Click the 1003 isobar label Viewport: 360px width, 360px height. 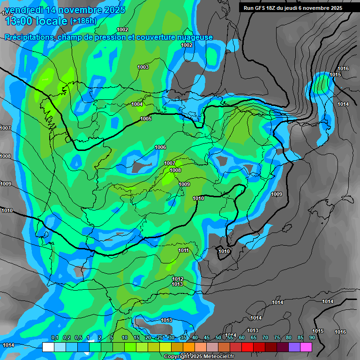pyautogui.click(x=143, y=67)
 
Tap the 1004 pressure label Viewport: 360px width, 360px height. pyautogui.click(x=137, y=104)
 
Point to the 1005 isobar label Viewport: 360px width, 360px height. pyautogui.click(x=146, y=119)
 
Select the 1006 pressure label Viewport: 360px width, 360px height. pyautogui.click(x=160, y=147)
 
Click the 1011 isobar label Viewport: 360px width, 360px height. pyautogui.click(x=184, y=250)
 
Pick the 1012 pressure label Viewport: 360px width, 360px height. pyautogui.click(x=178, y=279)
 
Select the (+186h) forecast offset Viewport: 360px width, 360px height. pyautogui.click(x=83, y=21)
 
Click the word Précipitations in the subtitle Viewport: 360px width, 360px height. pyautogui.click(x=29, y=37)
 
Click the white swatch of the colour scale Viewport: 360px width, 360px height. pyautogui.click(x=48, y=347)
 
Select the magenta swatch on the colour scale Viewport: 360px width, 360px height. pyautogui.click(x=306, y=347)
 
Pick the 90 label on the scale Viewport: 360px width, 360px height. pyautogui.click(x=312, y=337)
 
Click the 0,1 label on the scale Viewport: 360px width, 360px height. pyautogui.click(x=54, y=337)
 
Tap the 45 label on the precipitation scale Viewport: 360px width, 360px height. pyautogui.click(x=207, y=337)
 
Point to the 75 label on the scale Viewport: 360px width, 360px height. pyautogui.click(x=277, y=337)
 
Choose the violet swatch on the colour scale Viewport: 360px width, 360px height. pyautogui.click(x=294, y=347)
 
